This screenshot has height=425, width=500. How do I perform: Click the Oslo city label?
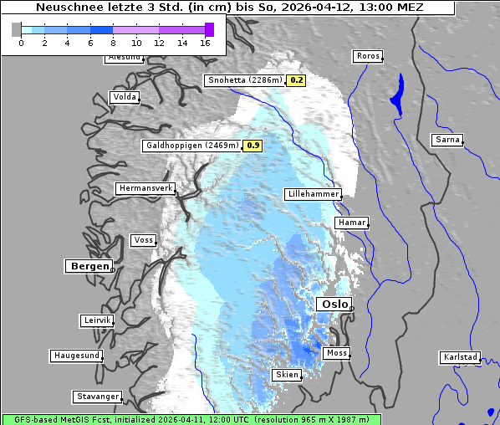[334, 305]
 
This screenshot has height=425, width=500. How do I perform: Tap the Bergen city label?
[89, 266]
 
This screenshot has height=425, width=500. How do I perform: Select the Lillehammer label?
[313, 194]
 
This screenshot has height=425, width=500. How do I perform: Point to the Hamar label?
[350, 223]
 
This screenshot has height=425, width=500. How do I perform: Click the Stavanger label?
[97, 397]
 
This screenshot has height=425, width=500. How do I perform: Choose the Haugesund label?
[76, 356]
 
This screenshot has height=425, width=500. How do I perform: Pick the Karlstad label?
[460, 357]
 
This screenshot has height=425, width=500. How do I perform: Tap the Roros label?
[367, 56]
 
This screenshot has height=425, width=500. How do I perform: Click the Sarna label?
[447, 140]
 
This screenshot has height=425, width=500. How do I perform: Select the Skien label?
[286, 375]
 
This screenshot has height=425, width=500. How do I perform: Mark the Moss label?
[336, 353]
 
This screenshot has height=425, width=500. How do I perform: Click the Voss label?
[143, 240]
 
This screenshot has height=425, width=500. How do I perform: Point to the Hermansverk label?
[145, 188]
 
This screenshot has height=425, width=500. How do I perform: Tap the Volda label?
[124, 97]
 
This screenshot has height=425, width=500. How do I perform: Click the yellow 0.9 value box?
[253, 146]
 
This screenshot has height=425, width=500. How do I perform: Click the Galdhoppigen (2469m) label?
[192, 146]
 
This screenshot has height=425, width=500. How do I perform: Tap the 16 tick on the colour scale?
[206, 42]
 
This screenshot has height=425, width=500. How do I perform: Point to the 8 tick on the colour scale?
[113, 42]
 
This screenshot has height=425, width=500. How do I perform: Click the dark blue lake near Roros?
[395, 95]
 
